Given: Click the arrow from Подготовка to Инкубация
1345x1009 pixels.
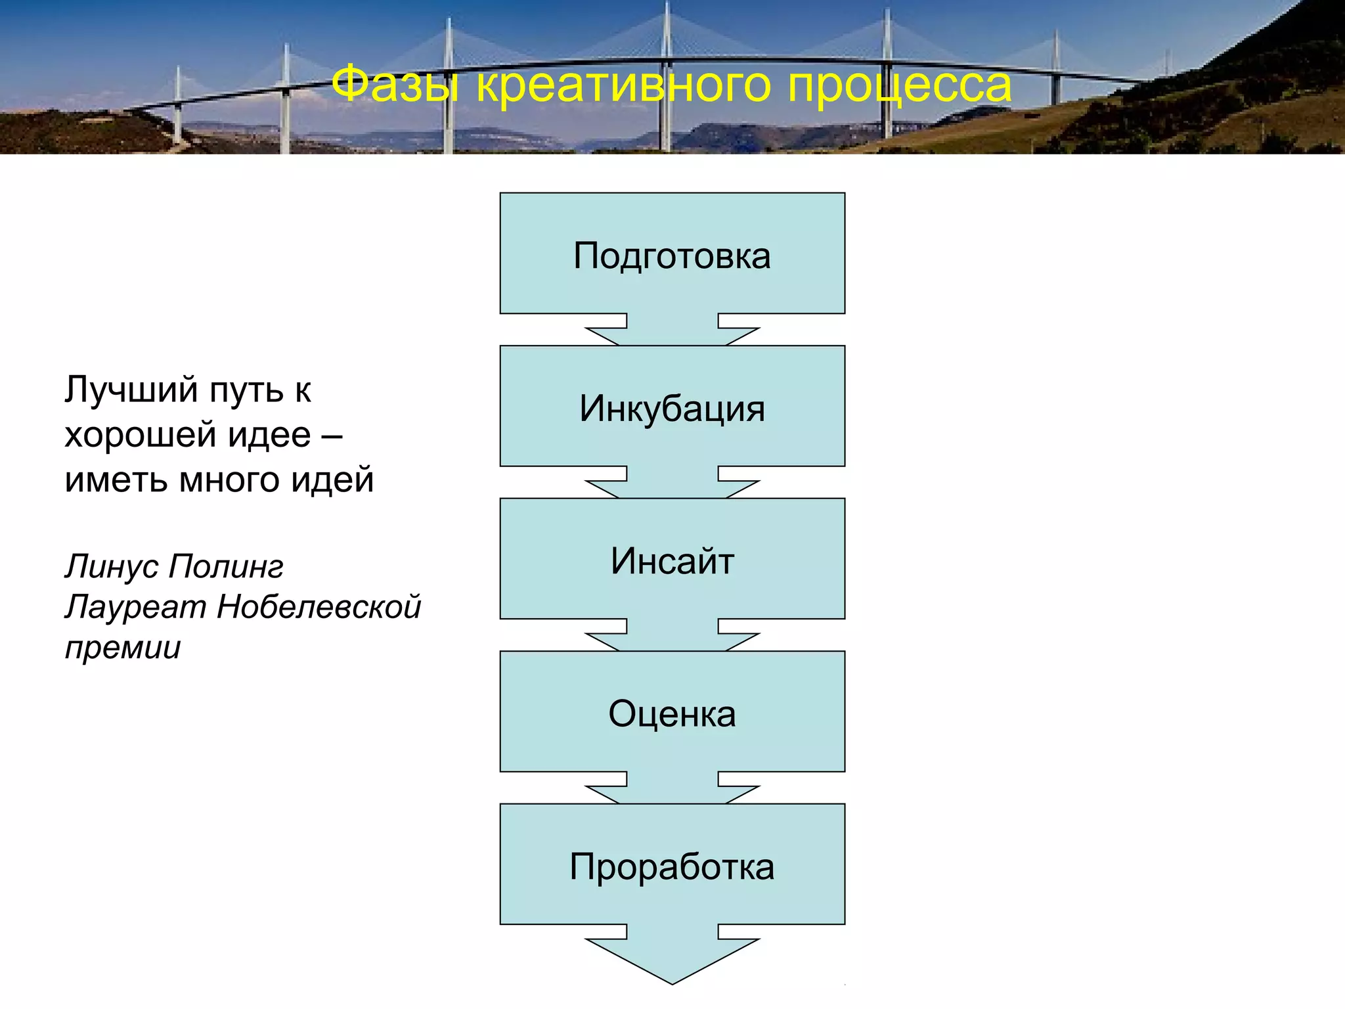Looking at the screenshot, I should coord(672,330).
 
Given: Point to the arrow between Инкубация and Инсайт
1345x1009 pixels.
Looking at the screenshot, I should coord(672,483).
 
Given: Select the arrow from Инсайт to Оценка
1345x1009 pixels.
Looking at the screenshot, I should coord(672,635).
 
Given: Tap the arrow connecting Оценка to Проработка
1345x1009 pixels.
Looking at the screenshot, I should coord(672,788).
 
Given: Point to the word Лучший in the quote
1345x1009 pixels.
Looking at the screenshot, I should coord(131,390).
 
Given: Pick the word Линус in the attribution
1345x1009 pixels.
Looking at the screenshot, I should coord(112,566).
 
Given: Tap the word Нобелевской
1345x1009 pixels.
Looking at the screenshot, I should coord(319,607).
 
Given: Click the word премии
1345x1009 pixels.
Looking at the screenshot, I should coord(123,648).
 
